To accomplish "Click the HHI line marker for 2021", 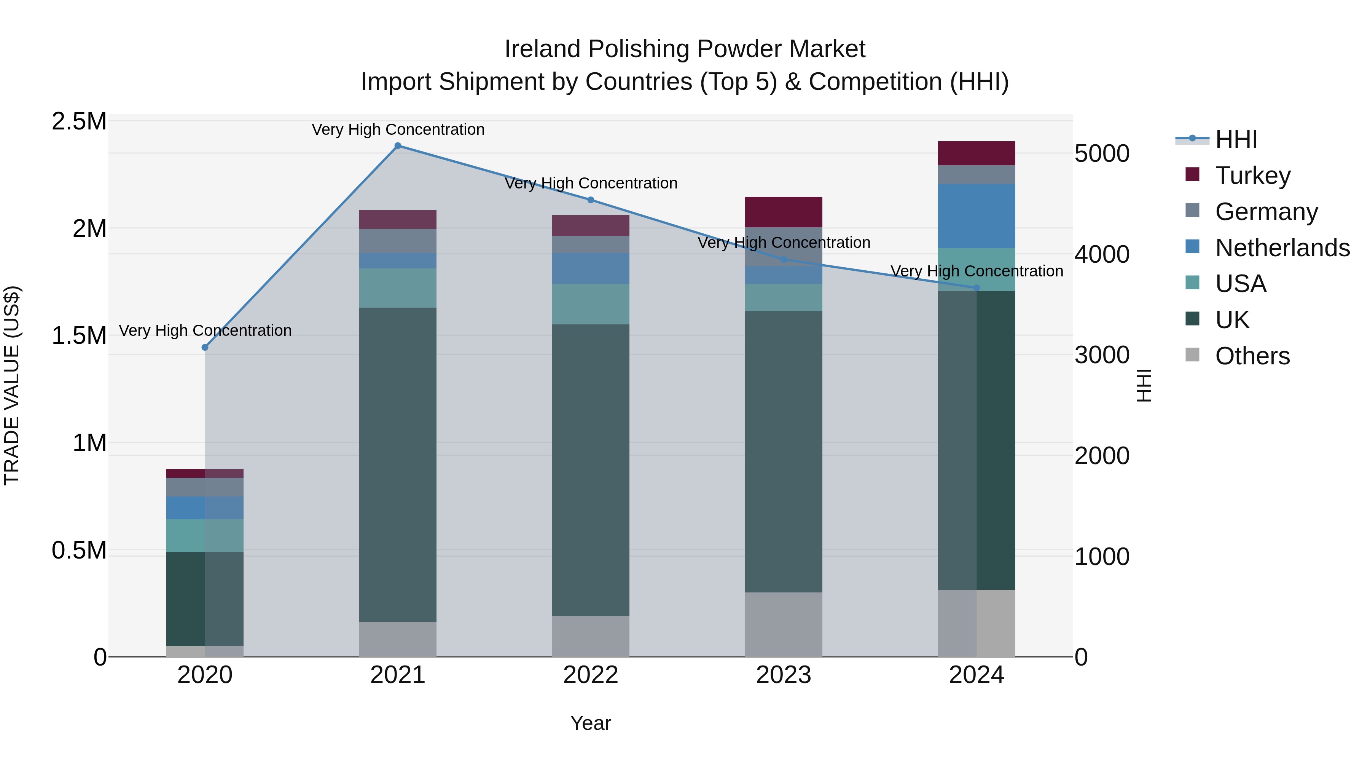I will point(398,146).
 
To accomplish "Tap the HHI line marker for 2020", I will point(205,348).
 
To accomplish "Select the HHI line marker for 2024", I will point(977,288).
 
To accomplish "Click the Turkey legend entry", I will point(1252,176).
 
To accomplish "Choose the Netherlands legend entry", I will point(1282,248).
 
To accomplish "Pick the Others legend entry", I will point(1252,356).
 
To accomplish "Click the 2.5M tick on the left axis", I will point(79,121).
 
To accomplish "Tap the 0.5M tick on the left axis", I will point(79,550).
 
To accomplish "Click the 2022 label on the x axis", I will point(590,675).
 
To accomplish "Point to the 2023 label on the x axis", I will point(784,675).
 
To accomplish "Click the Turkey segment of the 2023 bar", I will point(784,212).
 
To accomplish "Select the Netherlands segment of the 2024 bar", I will point(977,216).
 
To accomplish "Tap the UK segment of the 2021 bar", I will point(398,464).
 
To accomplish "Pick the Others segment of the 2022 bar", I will point(590,636).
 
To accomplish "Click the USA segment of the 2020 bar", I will point(205,535).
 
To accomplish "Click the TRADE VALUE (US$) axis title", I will point(12,386).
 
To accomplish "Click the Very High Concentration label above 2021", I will point(398,129).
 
